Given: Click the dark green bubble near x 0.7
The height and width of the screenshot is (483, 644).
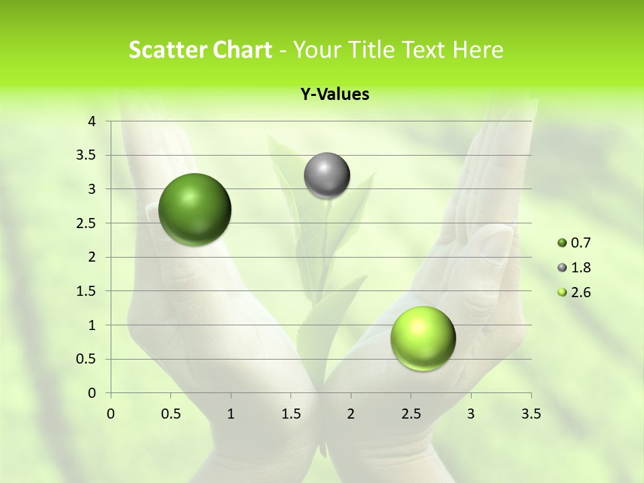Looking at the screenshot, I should [195, 209].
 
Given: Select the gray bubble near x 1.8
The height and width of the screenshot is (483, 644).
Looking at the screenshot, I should [327, 176].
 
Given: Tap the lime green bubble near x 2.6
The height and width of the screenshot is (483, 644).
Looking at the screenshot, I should [423, 338].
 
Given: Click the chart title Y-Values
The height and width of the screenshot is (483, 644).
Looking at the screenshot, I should [335, 95].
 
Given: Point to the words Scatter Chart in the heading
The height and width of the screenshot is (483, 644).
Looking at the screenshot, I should [200, 50].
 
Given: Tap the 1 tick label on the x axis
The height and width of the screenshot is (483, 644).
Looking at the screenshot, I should [231, 414].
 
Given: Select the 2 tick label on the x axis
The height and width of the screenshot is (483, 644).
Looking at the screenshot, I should [351, 414].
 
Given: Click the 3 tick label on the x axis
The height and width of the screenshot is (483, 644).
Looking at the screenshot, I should [471, 414].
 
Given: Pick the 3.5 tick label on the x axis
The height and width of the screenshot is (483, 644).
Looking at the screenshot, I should [531, 414].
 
